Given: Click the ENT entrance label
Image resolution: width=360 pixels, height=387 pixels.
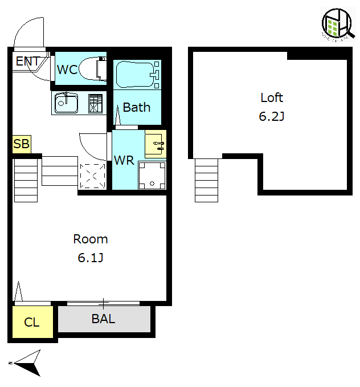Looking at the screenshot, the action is click(x=28, y=61).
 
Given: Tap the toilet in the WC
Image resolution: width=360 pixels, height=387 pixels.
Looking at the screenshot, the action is click(x=92, y=68).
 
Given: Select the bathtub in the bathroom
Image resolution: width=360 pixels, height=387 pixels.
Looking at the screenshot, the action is click(x=137, y=74).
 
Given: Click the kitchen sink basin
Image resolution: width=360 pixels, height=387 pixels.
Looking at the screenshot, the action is click(x=66, y=103).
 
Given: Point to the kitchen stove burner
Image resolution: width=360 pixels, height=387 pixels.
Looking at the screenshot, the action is click(x=95, y=103).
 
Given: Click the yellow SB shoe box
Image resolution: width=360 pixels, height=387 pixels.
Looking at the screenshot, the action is click(x=22, y=144).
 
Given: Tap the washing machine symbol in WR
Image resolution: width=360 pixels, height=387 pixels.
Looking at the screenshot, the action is click(x=152, y=176).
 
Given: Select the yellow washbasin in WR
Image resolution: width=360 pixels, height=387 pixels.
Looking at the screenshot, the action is click(x=156, y=144).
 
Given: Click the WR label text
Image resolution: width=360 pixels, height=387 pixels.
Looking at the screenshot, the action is click(x=124, y=160).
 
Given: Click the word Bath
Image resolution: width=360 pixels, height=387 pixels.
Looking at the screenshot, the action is click(x=137, y=107).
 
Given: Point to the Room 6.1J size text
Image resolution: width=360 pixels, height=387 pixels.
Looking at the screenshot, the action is click(x=91, y=258).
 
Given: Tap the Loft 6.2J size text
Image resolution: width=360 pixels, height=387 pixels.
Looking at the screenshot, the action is click(x=271, y=116).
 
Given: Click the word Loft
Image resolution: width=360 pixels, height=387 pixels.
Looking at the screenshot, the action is click(x=272, y=97).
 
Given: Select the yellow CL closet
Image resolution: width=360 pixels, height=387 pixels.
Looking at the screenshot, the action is click(x=32, y=322).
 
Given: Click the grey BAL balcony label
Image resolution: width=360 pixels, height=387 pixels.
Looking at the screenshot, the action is click(x=103, y=319).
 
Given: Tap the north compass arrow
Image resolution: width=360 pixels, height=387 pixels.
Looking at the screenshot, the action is click(x=27, y=363).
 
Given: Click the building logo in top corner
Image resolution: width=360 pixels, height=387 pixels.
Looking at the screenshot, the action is click(x=338, y=25).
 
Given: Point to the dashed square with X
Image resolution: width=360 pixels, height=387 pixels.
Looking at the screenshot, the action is click(x=92, y=176).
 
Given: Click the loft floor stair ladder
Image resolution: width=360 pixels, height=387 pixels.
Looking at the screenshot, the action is click(x=206, y=181).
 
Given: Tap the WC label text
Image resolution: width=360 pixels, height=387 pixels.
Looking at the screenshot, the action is click(x=67, y=70).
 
